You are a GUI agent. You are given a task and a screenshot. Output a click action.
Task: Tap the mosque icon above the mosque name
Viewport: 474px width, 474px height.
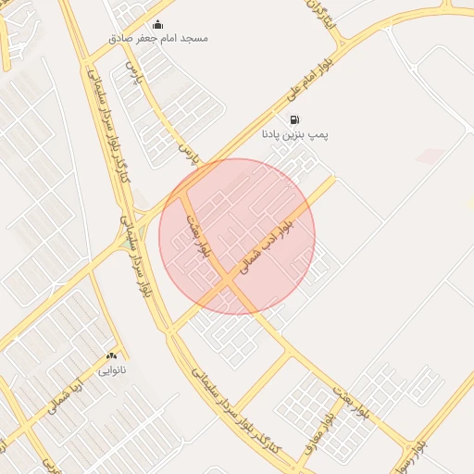point(156,25)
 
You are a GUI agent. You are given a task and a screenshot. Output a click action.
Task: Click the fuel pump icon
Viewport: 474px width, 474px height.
point(294,119)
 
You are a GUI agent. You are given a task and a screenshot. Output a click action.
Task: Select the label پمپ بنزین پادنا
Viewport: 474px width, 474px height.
point(294,134)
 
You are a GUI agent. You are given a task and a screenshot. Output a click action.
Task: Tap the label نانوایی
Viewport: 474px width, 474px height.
point(113,369)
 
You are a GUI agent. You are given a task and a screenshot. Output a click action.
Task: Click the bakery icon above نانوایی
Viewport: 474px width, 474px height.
point(113,355)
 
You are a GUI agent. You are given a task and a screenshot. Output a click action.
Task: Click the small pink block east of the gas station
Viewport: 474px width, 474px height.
point(429,156)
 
